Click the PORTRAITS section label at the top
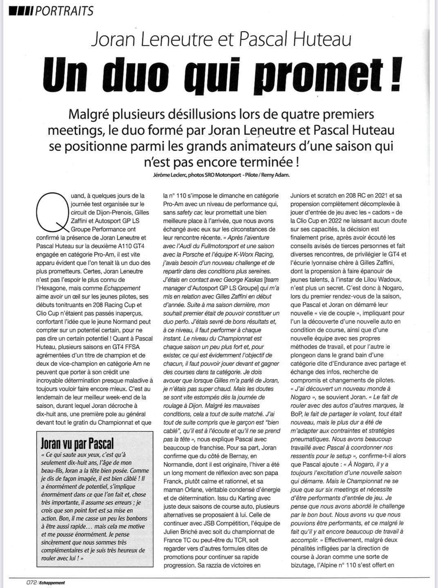[x=64, y=10]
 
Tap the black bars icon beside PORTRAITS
[x=21, y=10]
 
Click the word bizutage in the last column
[x=307, y=565]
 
